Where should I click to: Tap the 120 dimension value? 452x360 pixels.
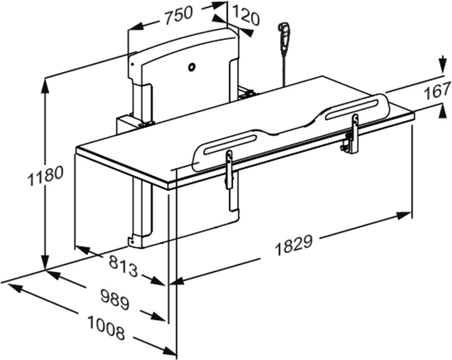(x=245, y=16)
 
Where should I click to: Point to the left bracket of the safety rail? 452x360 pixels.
(x=229, y=170)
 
